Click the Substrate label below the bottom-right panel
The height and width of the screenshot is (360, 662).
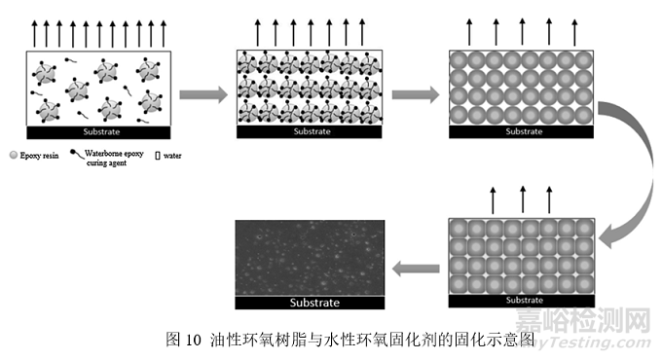522,301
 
